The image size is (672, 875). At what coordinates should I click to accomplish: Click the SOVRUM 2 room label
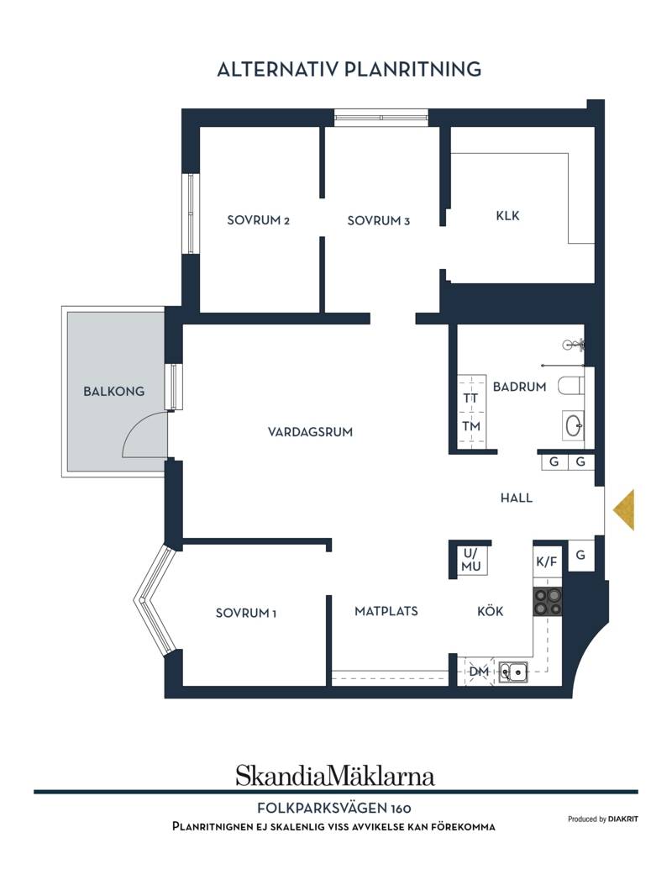tap(258, 220)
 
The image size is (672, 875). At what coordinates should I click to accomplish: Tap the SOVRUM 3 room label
tap(379, 220)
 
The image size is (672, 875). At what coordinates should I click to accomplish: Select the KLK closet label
tap(507, 215)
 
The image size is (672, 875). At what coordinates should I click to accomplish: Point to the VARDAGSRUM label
tap(310, 431)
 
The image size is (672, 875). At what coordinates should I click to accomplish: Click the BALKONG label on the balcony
tap(113, 391)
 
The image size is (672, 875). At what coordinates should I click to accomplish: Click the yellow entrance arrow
tap(624, 509)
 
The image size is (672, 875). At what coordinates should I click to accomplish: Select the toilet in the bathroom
tap(570, 386)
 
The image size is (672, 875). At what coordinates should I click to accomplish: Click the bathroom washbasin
tap(573, 426)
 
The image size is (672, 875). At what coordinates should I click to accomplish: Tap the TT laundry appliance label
tap(470, 398)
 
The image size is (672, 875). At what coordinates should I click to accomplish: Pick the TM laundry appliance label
tap(471, 426)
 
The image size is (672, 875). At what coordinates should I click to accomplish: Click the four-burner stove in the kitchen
tap(548, 602)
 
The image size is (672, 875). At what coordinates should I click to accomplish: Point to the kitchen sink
tap(513, 672)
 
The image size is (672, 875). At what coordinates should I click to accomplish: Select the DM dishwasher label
tap(479, 672)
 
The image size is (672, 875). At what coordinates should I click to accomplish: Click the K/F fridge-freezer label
tap(547, 561)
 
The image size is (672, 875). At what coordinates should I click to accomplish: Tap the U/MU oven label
tap(471, 560)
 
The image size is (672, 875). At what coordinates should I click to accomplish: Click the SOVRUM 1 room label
tap(246, 613)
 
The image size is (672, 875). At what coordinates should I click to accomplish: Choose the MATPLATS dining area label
tap(386, 611)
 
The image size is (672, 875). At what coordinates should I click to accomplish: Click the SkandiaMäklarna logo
tap(334, 776)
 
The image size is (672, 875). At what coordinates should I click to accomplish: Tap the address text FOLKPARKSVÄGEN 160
tap(334, 808)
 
